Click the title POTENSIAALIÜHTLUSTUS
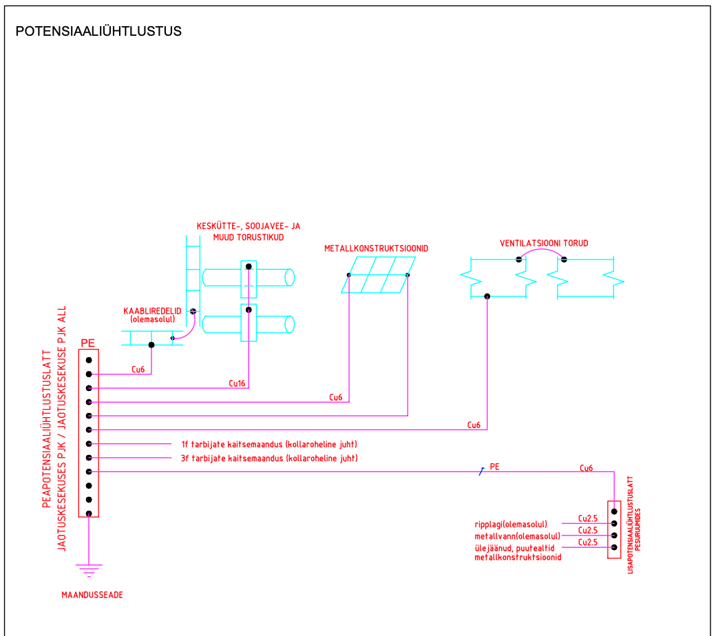tap(98, 32)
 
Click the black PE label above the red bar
tap(87, 343)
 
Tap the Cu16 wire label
tap(238, 383)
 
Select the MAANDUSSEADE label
tap(92, 595)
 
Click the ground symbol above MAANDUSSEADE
tap(89, 569)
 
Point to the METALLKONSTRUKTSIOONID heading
tap(377, 248)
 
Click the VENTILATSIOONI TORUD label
tap(544, 244)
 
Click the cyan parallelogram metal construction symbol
tap(379, 275)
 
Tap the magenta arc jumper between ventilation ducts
tap(541, 251)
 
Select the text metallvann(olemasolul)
tap(517, 536)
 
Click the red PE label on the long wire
tap(494, 467)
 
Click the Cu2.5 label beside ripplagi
tap(587, 519)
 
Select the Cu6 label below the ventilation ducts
tap(474, 425)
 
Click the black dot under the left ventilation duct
tap(487, 297)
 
